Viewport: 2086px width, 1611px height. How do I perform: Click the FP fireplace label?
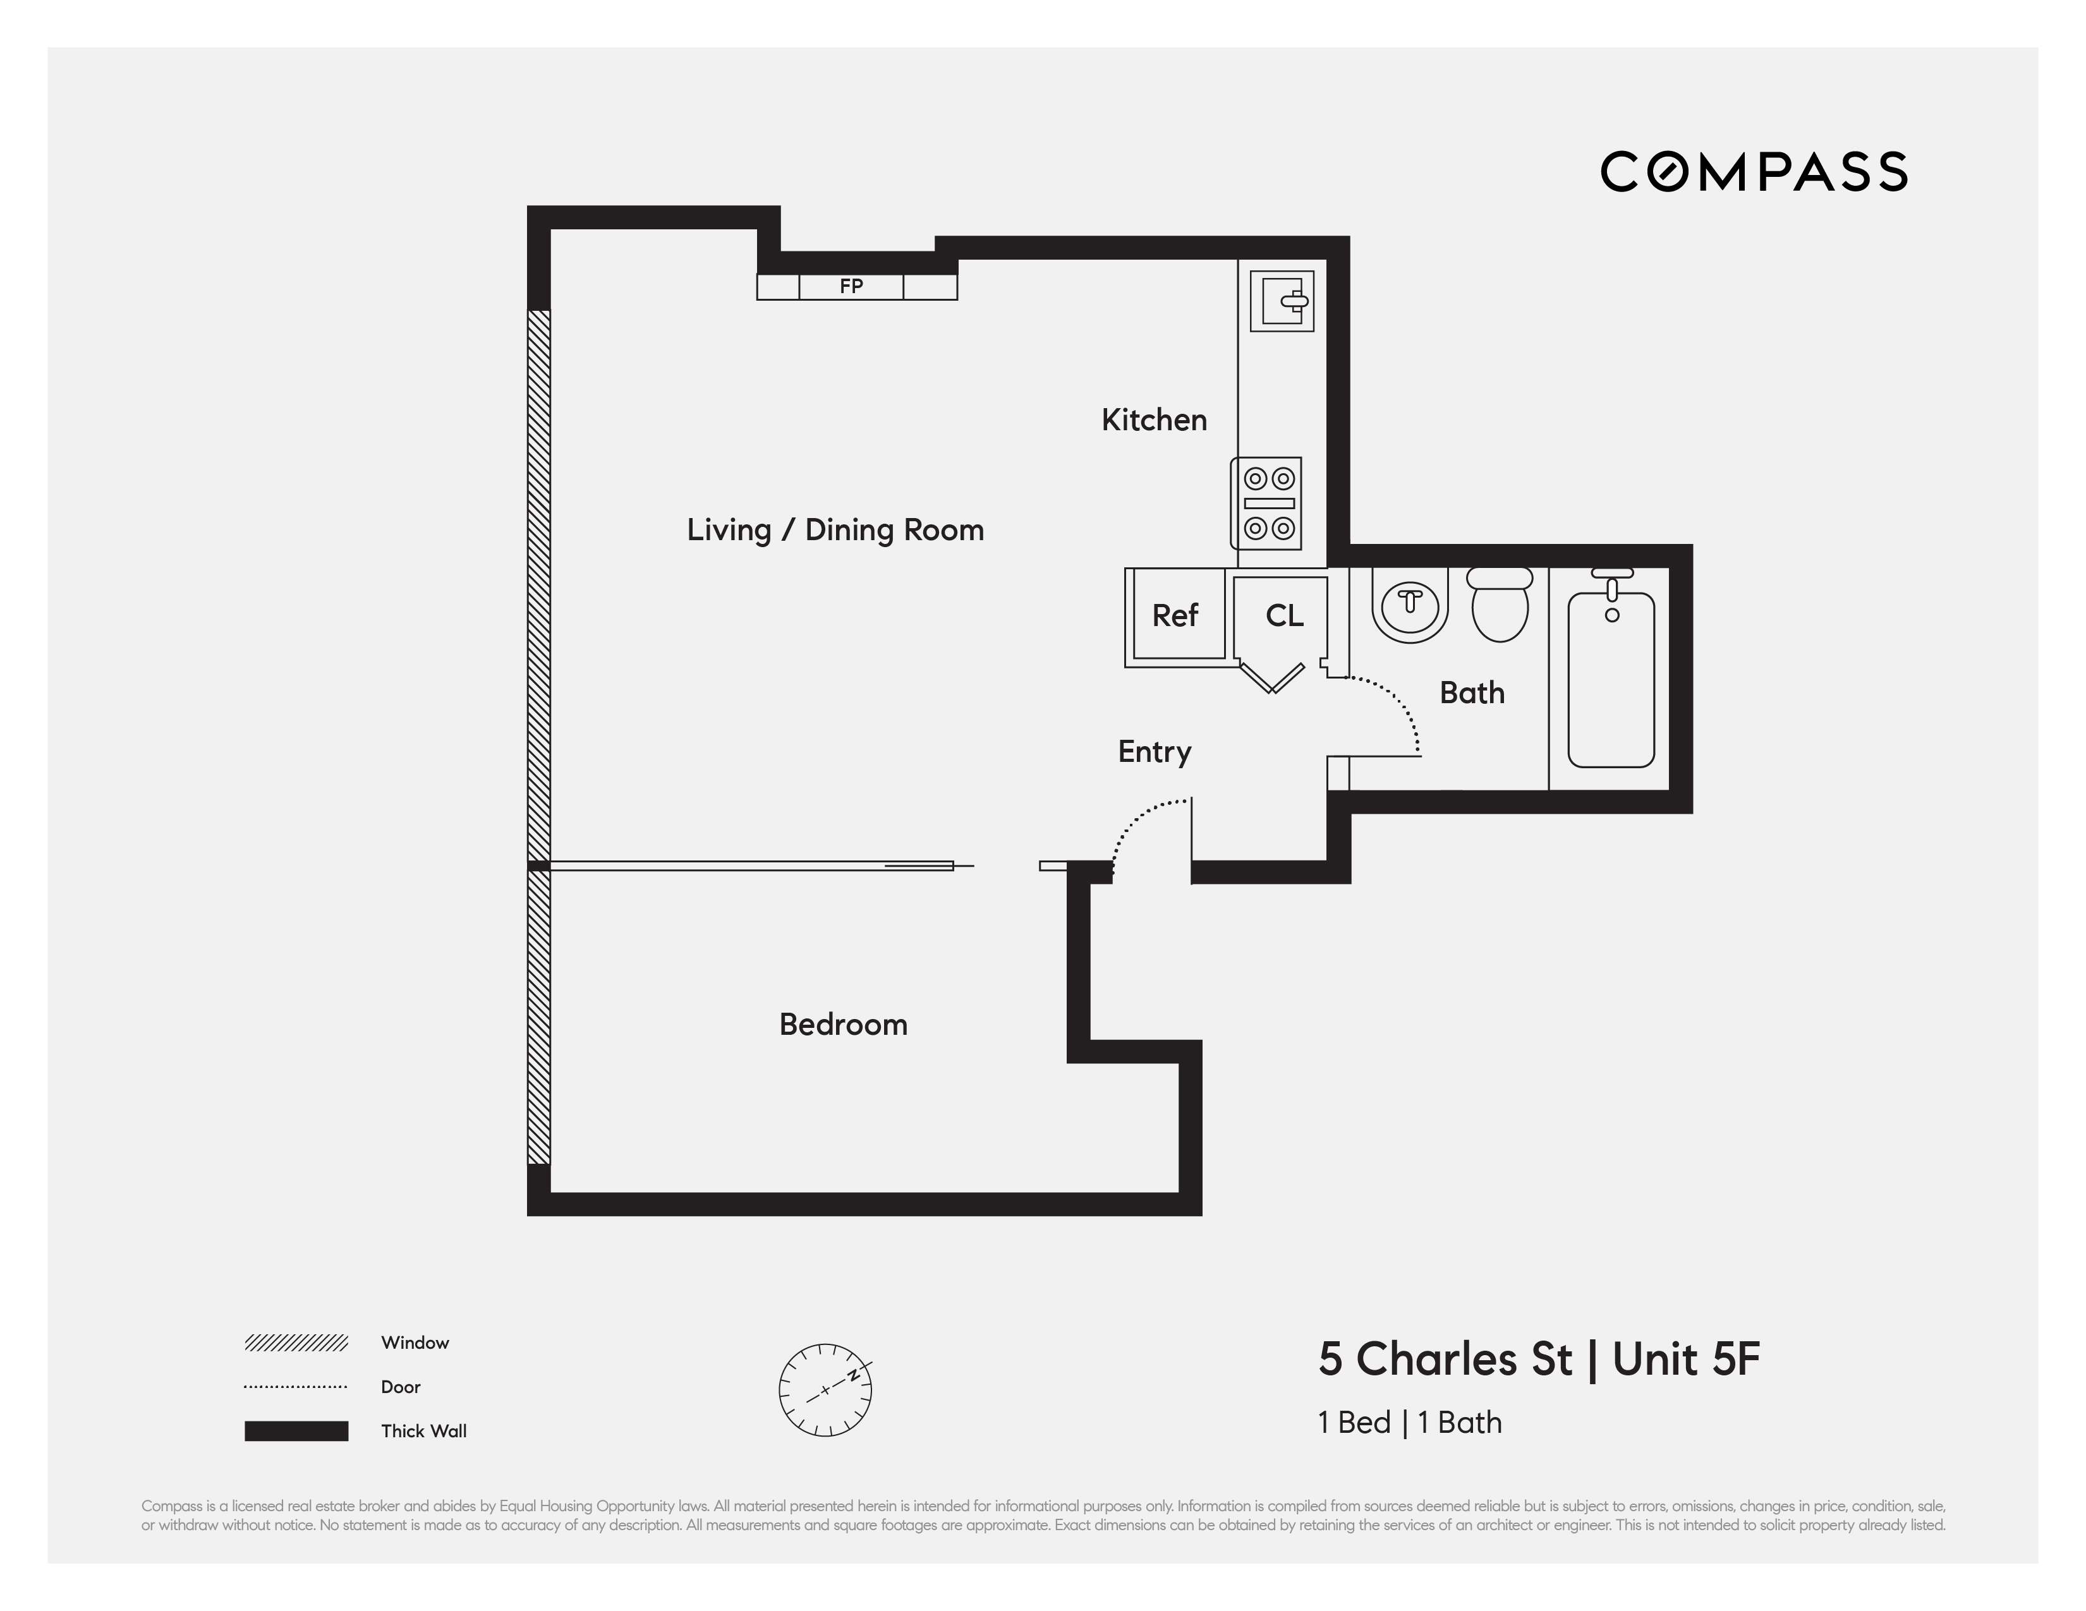pyautogui.click(x=851, y=286)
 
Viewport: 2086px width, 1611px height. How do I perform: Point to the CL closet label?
pyautogui.click(x=1283, y=616)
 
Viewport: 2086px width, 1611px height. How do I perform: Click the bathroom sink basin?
pyautogui.click(x=1410, y=607)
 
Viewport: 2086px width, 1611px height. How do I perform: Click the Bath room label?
pyautogui.click(x=1472, y=693)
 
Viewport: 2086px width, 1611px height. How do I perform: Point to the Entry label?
pyautogui.click(x=1155, y=752)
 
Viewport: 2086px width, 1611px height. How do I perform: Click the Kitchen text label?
pyautogui.click(x=1154, y=420)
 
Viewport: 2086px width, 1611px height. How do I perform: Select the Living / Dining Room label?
pyautogui.click(x=835, y=530)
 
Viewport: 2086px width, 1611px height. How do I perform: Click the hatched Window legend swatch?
pyautogui.click(x=296, y=1342)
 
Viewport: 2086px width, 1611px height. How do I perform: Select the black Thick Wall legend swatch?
pyautogui.click(x=296, y=1430)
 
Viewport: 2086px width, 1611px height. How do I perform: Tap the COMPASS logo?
pyautogui.click(x=1754, y=172)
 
